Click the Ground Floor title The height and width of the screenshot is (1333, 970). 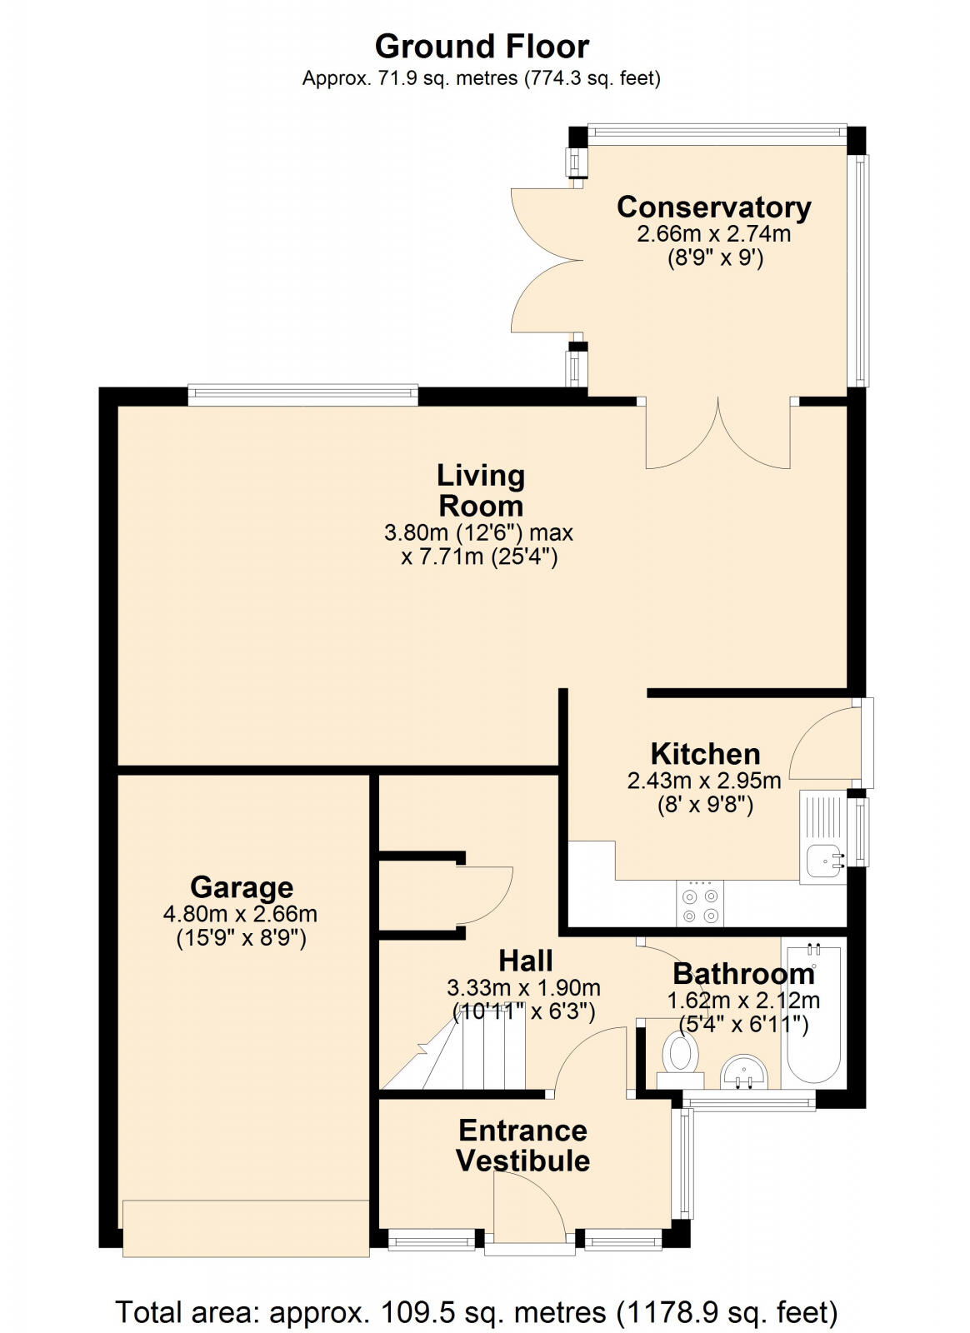482,46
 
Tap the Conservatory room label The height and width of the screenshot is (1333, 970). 713,207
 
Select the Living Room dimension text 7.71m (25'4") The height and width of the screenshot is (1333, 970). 479,557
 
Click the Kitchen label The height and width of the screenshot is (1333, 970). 705,753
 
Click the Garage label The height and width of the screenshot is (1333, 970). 241,886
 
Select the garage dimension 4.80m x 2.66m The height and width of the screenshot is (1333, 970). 240,913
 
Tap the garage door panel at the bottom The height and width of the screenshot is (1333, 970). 245,1227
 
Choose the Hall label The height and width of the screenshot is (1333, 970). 525,961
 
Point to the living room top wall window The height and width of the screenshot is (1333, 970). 302,394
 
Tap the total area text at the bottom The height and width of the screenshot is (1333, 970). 476,1312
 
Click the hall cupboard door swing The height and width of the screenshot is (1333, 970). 486,893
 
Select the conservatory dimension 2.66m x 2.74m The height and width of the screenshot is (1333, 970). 713,233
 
